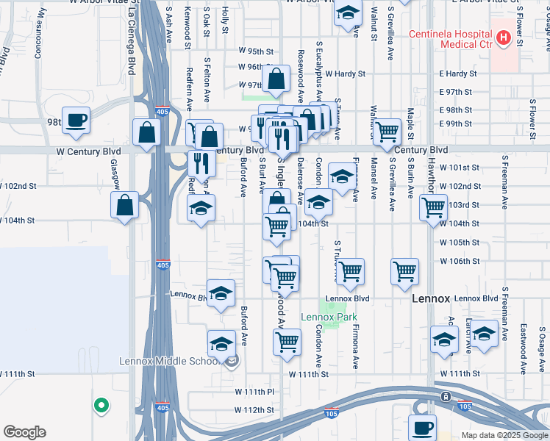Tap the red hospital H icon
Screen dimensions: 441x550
[504, 37]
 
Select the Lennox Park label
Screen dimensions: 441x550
[329, 318]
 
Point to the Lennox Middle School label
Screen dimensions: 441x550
[171, 361]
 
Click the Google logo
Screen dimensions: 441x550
[24, 432]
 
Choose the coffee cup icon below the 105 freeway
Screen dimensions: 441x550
[422, 428]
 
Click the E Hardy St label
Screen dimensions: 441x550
[457, 73]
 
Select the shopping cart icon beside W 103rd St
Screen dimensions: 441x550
[434, 207]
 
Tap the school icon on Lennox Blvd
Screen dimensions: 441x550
[221, 293]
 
